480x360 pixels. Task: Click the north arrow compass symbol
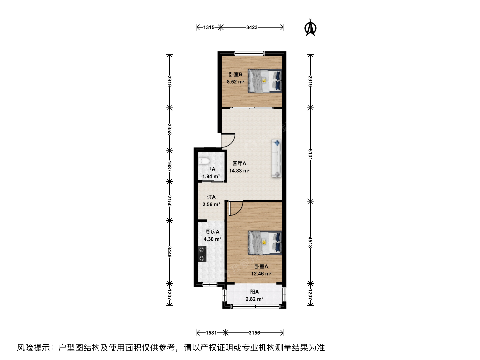click(310, 28)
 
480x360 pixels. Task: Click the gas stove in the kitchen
click(202, 254)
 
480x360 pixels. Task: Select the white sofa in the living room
click(276, 158)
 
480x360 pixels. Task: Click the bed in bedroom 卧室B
click(265, 81)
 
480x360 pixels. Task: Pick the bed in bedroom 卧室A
click(265, 243)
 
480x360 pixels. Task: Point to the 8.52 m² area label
click(236, 82)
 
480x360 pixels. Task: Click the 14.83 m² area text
click(239, 171)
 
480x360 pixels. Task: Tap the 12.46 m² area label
click(261, 274)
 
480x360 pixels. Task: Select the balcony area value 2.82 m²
click(254, 299)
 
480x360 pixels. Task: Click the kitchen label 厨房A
click(212, 232)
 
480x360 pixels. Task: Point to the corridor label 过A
click(211, 197)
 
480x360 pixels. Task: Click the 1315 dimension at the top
click(209, 28)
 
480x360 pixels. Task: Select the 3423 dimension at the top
click(252, 28)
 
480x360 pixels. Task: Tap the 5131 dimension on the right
click(310, 154)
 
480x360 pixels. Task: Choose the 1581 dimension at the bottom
click(211, 333)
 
